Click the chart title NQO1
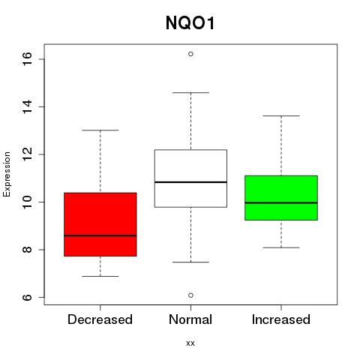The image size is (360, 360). pos(190,23)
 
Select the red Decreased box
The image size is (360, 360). pos(100,224)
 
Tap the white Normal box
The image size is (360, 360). pos(190,178)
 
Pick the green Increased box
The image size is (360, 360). pos(281,198)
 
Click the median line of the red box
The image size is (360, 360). pos(100,235)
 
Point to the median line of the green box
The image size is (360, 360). pos(281,202)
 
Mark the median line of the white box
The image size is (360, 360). pos(190,182)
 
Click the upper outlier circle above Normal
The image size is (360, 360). pos(190,54)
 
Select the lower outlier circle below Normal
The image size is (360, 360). pos(190,295)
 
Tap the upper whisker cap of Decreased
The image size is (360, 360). pos(100,130)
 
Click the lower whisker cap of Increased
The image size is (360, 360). pos(281,247)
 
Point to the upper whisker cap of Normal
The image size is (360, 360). pos(190,93)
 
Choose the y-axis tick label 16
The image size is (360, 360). pos(27,59)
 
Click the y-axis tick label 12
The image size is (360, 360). pos(27,154)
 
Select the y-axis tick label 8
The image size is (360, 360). pos(27,250)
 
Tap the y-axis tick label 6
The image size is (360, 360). pos(27,297)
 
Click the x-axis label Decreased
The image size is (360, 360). pos(100,319)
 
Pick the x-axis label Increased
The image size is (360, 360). pos(281,319)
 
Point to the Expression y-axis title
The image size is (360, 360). pos(7,174)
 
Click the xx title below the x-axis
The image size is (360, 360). pos(190,343)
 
